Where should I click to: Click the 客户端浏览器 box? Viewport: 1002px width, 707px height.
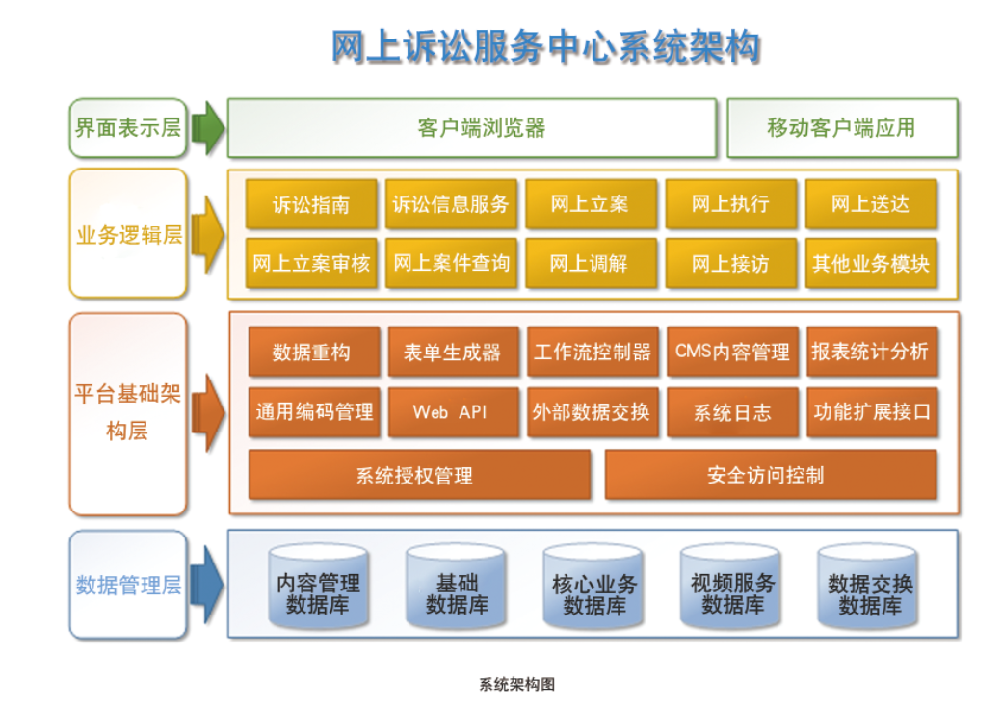tap(472, 127)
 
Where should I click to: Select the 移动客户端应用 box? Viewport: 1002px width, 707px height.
tap(842, 127)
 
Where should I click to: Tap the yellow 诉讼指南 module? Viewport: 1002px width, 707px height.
tap(310, 204)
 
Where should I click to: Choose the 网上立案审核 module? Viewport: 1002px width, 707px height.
tap(310, 263)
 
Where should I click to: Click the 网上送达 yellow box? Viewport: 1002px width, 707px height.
tap(870, 204)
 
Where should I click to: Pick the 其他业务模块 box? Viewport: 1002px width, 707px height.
tap(870, 263)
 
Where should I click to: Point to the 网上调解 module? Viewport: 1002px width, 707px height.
tap(590, 263)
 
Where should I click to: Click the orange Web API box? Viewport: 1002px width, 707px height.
tap(450, 411)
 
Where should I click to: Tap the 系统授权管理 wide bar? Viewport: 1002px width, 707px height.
tap(419, 475)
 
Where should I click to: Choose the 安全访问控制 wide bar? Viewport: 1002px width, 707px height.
tap(770, 475)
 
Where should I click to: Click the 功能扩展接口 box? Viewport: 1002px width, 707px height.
tap(871, 411)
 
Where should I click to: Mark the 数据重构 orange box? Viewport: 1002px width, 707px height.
tap(310, 352)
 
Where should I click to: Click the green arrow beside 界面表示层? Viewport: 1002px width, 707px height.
tap(207, 127)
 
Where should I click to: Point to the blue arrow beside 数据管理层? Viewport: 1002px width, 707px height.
tap(207, 584)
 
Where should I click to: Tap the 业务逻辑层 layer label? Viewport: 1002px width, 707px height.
tap(128, 234)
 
